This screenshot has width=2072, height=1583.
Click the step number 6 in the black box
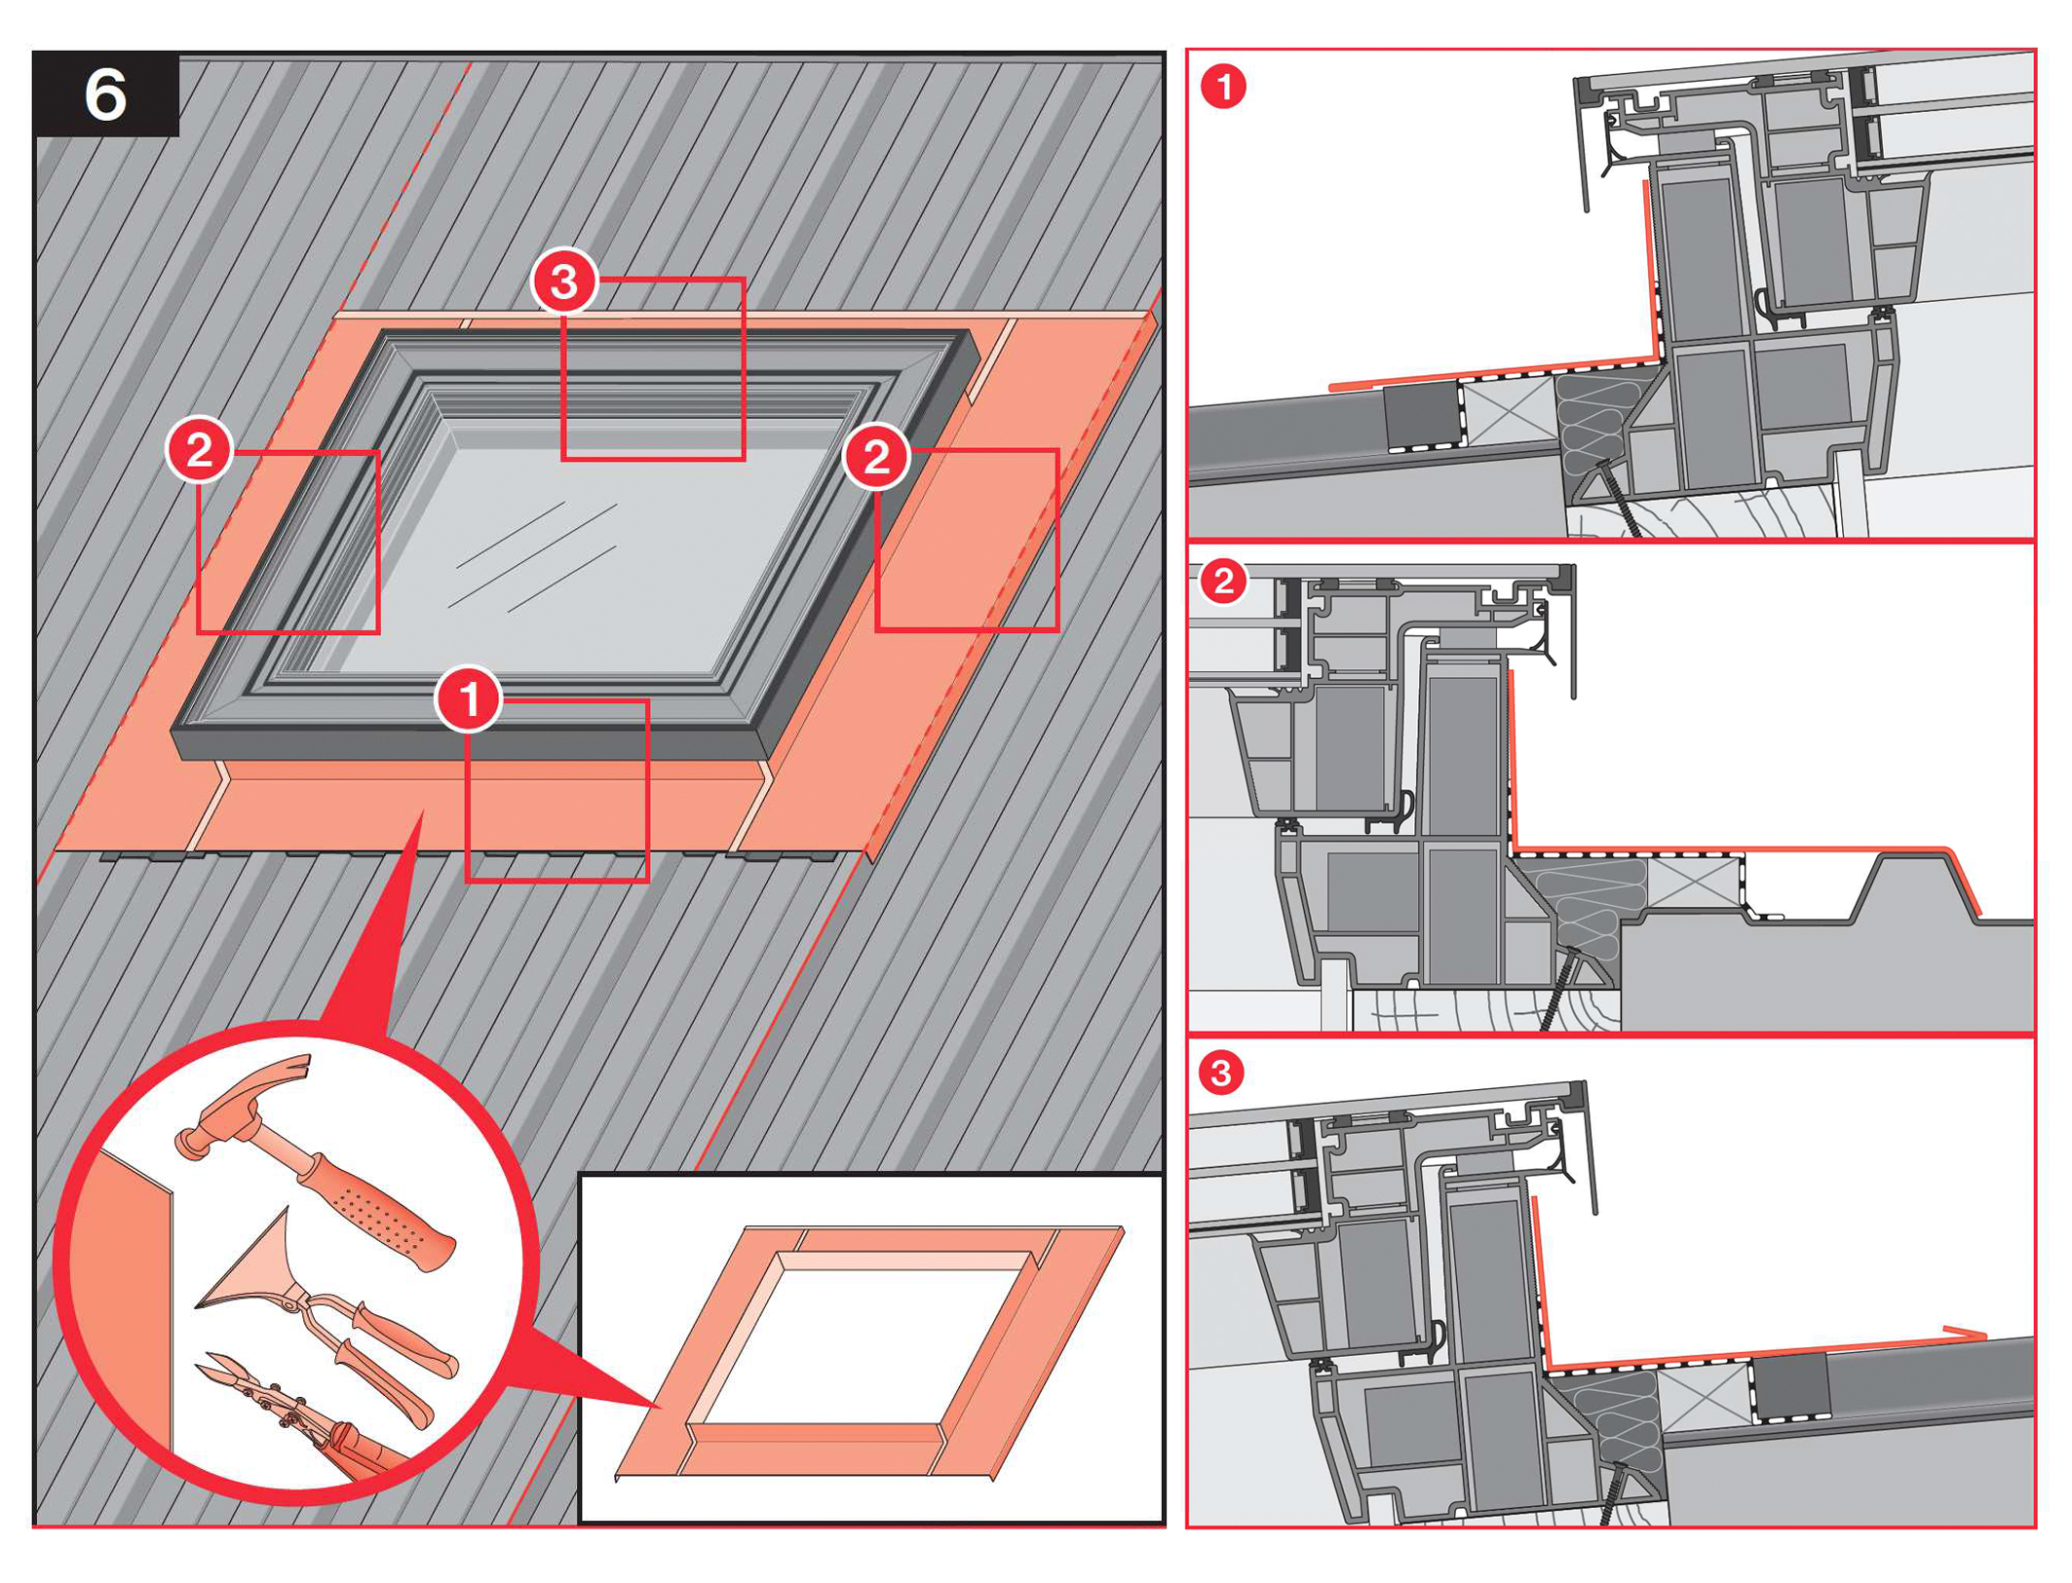(x=105, y=95)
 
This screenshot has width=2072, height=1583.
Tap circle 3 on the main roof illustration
(x=564, y=282)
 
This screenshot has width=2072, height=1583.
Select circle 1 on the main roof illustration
(x=469, y=698)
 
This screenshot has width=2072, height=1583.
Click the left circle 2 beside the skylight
(x=199, y=450)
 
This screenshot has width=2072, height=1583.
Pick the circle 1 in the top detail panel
(x=1223, y=86)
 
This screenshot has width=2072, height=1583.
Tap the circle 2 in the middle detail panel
(x=1222, y=582)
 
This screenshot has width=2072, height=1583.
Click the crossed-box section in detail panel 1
(x=1509, y=409)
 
